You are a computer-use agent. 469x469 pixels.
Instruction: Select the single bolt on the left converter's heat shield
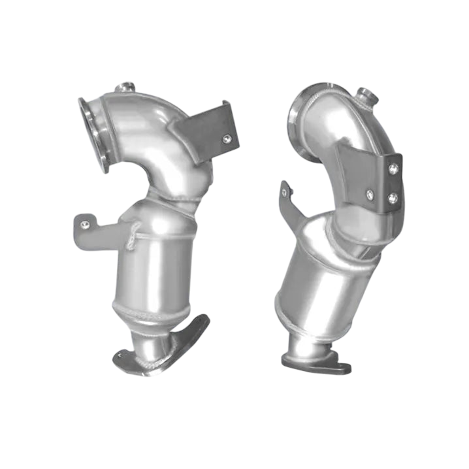tap(226, 138)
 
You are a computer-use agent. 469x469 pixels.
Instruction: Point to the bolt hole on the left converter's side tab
tap(84, 225)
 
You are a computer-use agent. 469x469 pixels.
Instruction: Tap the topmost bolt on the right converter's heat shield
tap(393, 168)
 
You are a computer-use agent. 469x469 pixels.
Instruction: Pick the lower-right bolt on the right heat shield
tap(392, 199)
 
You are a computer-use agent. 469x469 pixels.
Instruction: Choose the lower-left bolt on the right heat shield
tap(370, 193)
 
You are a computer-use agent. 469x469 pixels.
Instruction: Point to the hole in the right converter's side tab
tap(285, 190)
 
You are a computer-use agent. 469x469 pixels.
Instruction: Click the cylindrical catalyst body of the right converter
tap(327, 274)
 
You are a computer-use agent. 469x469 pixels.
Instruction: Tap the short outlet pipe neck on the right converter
tap(307, 340)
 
